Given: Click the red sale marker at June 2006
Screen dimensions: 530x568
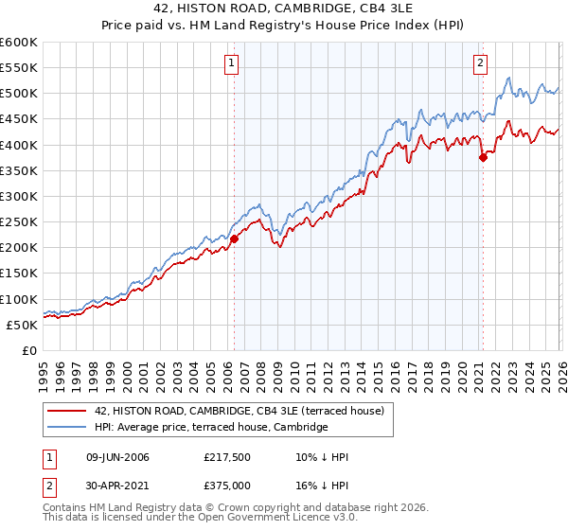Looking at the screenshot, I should click(x=234, y=238).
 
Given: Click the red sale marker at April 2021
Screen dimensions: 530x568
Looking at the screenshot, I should click(x=483, y=157).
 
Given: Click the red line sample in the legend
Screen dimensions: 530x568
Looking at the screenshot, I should click(x=67, y=411).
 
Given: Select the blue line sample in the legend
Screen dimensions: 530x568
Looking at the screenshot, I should click(x=67, y=428).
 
